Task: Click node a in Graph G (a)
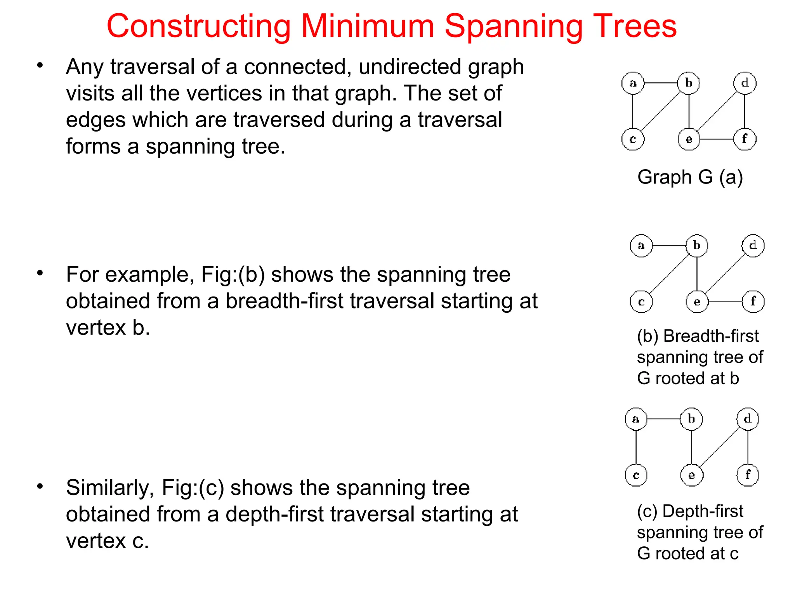[633, 83]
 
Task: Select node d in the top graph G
[745, 83]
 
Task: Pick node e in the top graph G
[689, 139]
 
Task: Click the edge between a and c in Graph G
[633, 111]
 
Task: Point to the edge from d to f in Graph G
[745, 111]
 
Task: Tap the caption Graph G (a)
[690, 177]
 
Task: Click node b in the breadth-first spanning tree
[697, 245]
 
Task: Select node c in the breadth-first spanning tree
[641, 301]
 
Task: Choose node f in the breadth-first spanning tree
[753, 301]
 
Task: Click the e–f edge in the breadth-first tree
[725, 301]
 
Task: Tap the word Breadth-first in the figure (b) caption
[711, 336]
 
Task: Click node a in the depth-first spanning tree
[636, 419]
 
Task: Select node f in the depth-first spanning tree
[748, 475]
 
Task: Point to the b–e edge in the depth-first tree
[692, 447]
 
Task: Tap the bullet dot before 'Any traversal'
[40, 65]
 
